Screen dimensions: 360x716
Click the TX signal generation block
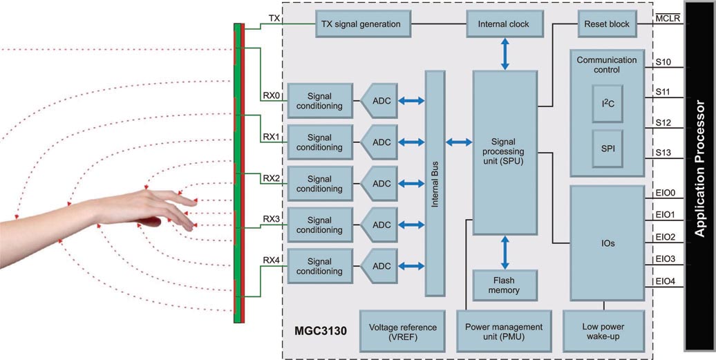pos(361,24)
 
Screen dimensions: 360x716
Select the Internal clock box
pos(504,24)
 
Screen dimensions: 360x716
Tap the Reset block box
pos(607,24)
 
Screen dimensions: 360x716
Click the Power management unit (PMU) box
pos(504,332)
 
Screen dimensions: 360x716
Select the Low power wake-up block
pos(604,332)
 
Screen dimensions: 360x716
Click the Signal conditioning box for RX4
pos(319,266)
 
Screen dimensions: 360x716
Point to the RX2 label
pos(271,178)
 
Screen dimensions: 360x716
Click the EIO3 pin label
pos(664,259)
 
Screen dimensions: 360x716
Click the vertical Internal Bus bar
pos(435,183)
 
